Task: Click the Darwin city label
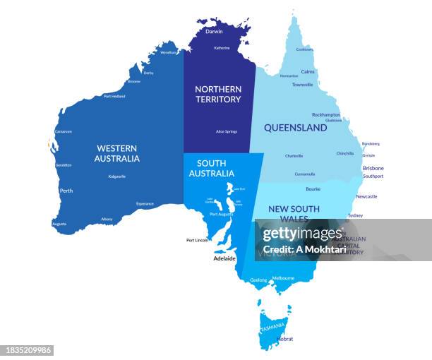pos(214,32)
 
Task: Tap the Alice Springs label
pos(227,131)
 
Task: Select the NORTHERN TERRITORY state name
pos(218,94)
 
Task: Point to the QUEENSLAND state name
pos(295,128)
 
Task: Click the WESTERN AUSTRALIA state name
pos(117,153)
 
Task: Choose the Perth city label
pos(66,191)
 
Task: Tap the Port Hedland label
pos(114,96)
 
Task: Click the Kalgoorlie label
pos(117,176)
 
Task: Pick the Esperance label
pos(145,203)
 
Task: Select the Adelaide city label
pos(224,259)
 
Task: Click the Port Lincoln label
pos(197,240)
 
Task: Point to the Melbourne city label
pos(283,278)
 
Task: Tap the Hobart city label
pos(285,339)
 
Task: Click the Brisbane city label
pos(373,168)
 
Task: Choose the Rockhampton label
pos(326,114)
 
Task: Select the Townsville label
pos(302,85)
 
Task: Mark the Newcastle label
pos(366,196)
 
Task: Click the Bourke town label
pos(313,189)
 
